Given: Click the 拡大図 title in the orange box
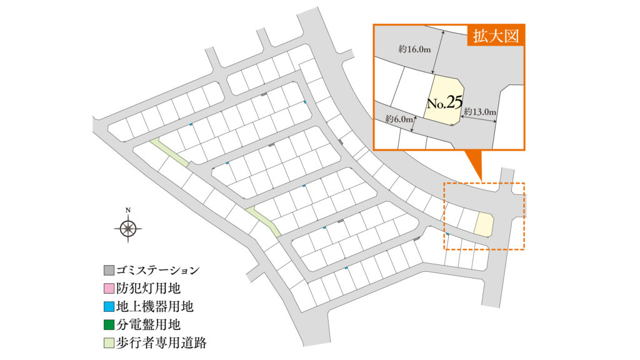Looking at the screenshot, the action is point(496,36).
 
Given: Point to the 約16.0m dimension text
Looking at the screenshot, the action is point(414,49).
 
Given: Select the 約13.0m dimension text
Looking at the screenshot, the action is point(480,111).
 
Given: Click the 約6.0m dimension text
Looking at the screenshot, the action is point(399,119).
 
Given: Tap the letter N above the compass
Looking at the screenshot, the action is point(128,210).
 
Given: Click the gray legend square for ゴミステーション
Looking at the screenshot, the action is point(109,270).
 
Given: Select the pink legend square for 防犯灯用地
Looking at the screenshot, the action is point(109,289).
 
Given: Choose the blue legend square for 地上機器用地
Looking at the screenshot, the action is point(109,306).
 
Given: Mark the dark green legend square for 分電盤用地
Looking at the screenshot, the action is point(109,325).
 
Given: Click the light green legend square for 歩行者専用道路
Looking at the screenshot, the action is point(109,343).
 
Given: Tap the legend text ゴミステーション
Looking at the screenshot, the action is point(157,270).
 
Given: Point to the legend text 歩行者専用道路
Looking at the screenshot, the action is point(161,343).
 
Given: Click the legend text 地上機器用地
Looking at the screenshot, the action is point(155,306).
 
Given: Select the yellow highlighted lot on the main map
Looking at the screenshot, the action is point(484,224).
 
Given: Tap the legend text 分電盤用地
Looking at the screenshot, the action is point(148,325).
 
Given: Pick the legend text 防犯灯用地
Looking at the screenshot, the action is point(148,289).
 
